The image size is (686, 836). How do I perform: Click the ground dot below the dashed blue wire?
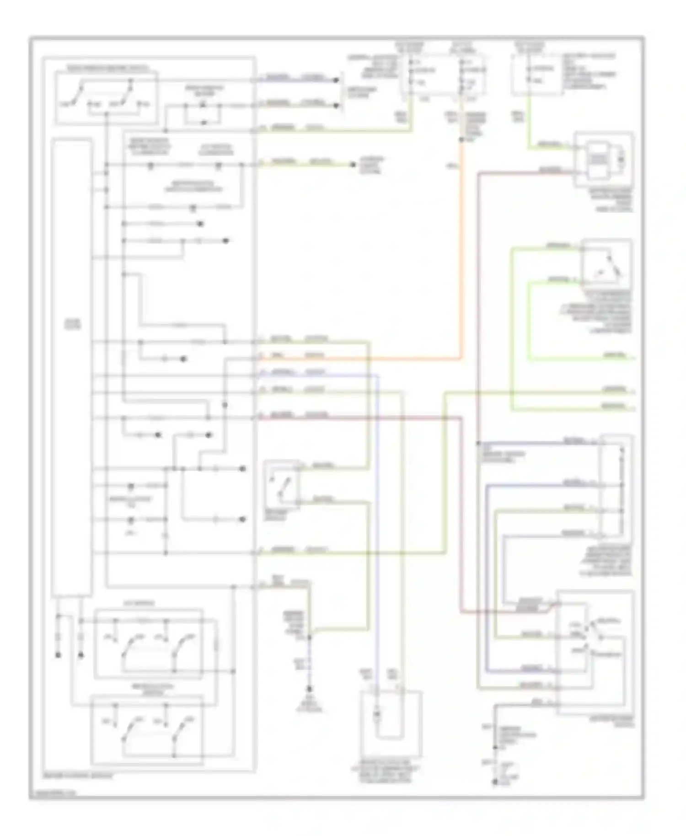(x=310, y=689)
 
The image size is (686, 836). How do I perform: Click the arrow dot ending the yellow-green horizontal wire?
(x=353, y=165)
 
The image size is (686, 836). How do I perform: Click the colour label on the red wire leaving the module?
(x=316, y=415)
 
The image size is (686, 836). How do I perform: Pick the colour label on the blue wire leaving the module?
(x=315, y=373)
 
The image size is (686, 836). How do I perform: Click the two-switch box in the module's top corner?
(x=106, y=97)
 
